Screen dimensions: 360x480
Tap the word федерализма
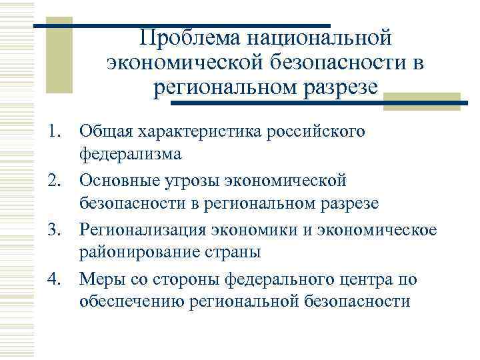coord(130,155)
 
